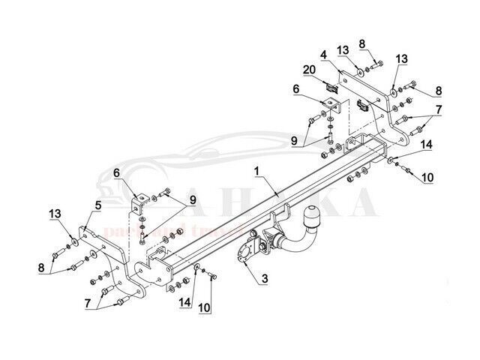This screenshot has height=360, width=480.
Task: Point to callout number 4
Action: tap(323, 55)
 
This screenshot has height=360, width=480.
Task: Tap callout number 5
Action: tap(97, 204)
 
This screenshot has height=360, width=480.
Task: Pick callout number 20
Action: tap(307, 70)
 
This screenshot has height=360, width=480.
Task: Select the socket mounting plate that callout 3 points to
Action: tap(248, 251)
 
